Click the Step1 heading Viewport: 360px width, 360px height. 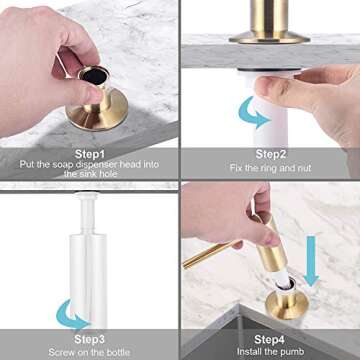pyautogui.click(x=90, y=155)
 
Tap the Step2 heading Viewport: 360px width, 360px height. pyautogui.click(x=270, y=154)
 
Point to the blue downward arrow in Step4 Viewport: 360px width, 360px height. pyautogui.click(x=312, y=245)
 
